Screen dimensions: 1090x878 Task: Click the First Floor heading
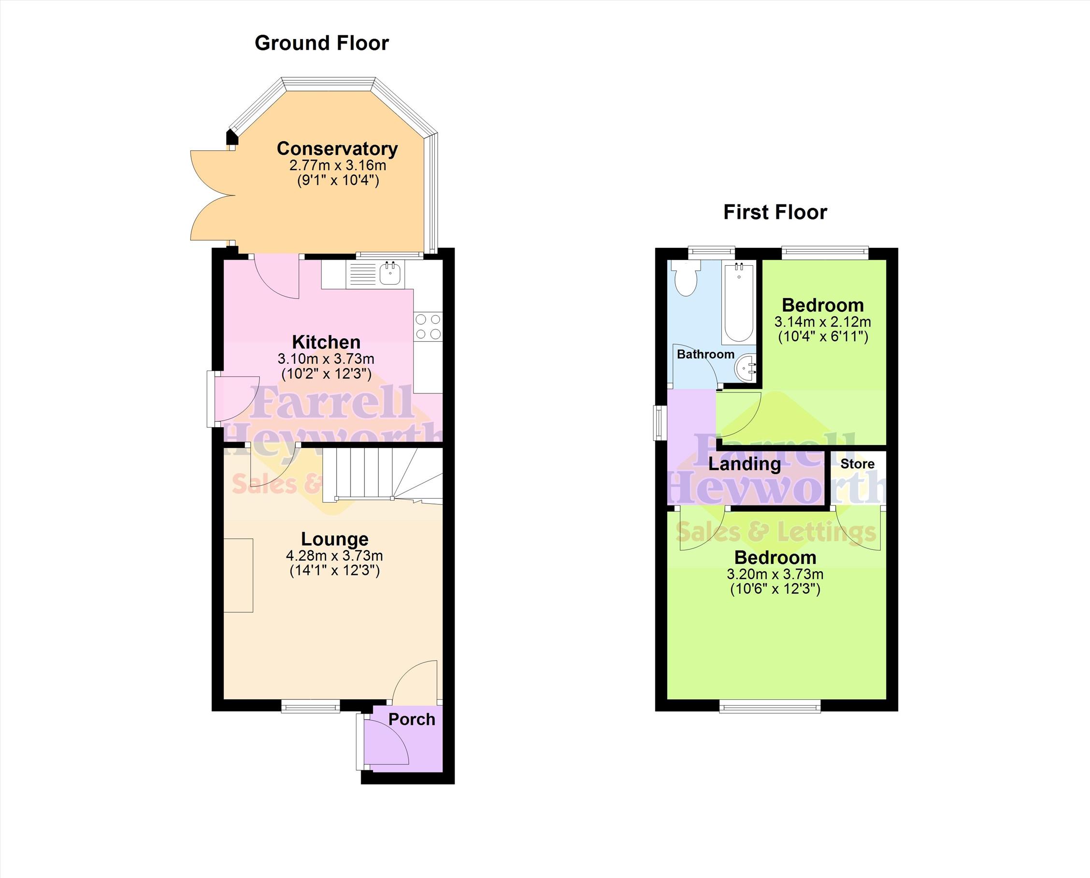click(775, 213)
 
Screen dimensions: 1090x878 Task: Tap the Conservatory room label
click(337, 149)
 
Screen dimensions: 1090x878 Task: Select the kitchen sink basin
click(390, 273)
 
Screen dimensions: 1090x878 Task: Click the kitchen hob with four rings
click(428, 327)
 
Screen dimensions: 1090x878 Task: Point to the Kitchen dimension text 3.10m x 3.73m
click(326, 359)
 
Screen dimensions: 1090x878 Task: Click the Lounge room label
click(335, 539)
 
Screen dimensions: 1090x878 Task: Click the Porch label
click(412, 719)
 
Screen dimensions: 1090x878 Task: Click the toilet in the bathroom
click(686, 278)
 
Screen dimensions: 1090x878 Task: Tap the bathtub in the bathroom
click(739, 302)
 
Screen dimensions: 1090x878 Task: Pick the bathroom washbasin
click(745, 369)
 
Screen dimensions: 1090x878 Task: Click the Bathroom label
click(705, 355)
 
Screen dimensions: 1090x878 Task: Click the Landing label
click(744, 464)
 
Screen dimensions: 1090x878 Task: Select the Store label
click(858, 464)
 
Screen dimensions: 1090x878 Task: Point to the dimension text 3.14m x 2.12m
click(822, 322)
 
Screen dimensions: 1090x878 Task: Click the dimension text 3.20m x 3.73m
click(775, 574)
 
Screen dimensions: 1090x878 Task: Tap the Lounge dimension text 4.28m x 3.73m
click(335, 556)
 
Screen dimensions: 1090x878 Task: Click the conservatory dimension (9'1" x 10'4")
click(338, 181)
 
